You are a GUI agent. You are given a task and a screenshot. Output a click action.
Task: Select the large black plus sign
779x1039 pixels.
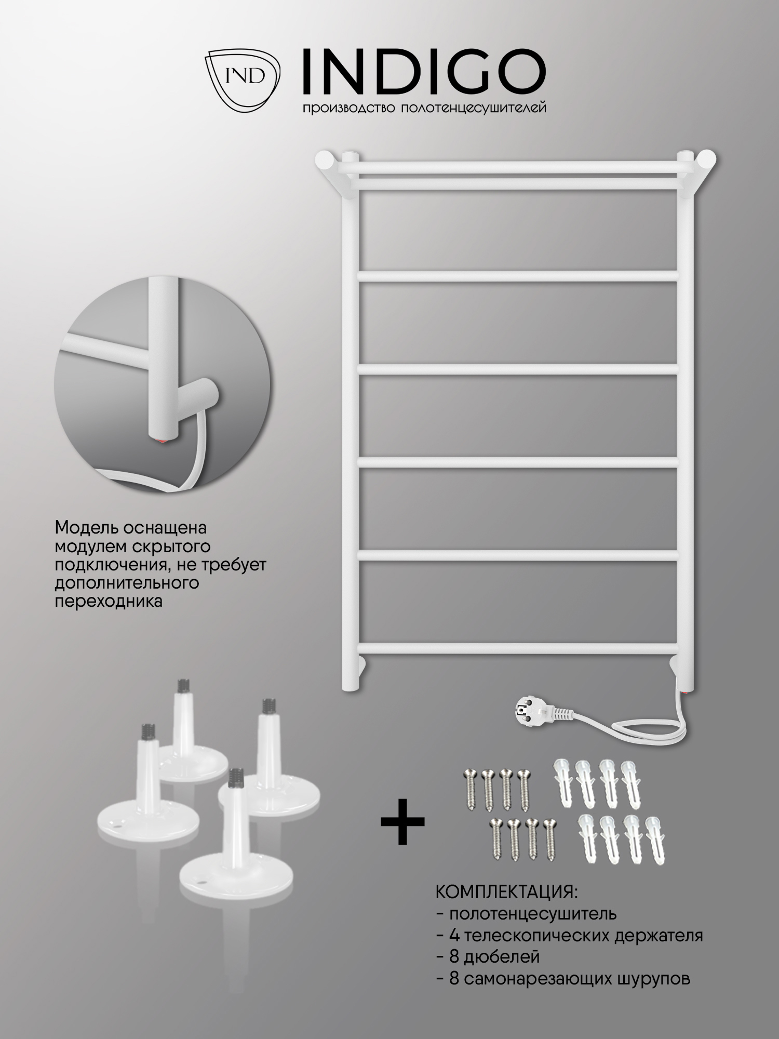pos(402,821)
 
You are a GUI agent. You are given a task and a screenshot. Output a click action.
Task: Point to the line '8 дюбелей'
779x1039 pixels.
pos(488,956)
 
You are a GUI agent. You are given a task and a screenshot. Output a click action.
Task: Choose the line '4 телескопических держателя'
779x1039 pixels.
pos(569,935)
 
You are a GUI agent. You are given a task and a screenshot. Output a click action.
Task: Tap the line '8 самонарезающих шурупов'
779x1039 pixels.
pos(563,979)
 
